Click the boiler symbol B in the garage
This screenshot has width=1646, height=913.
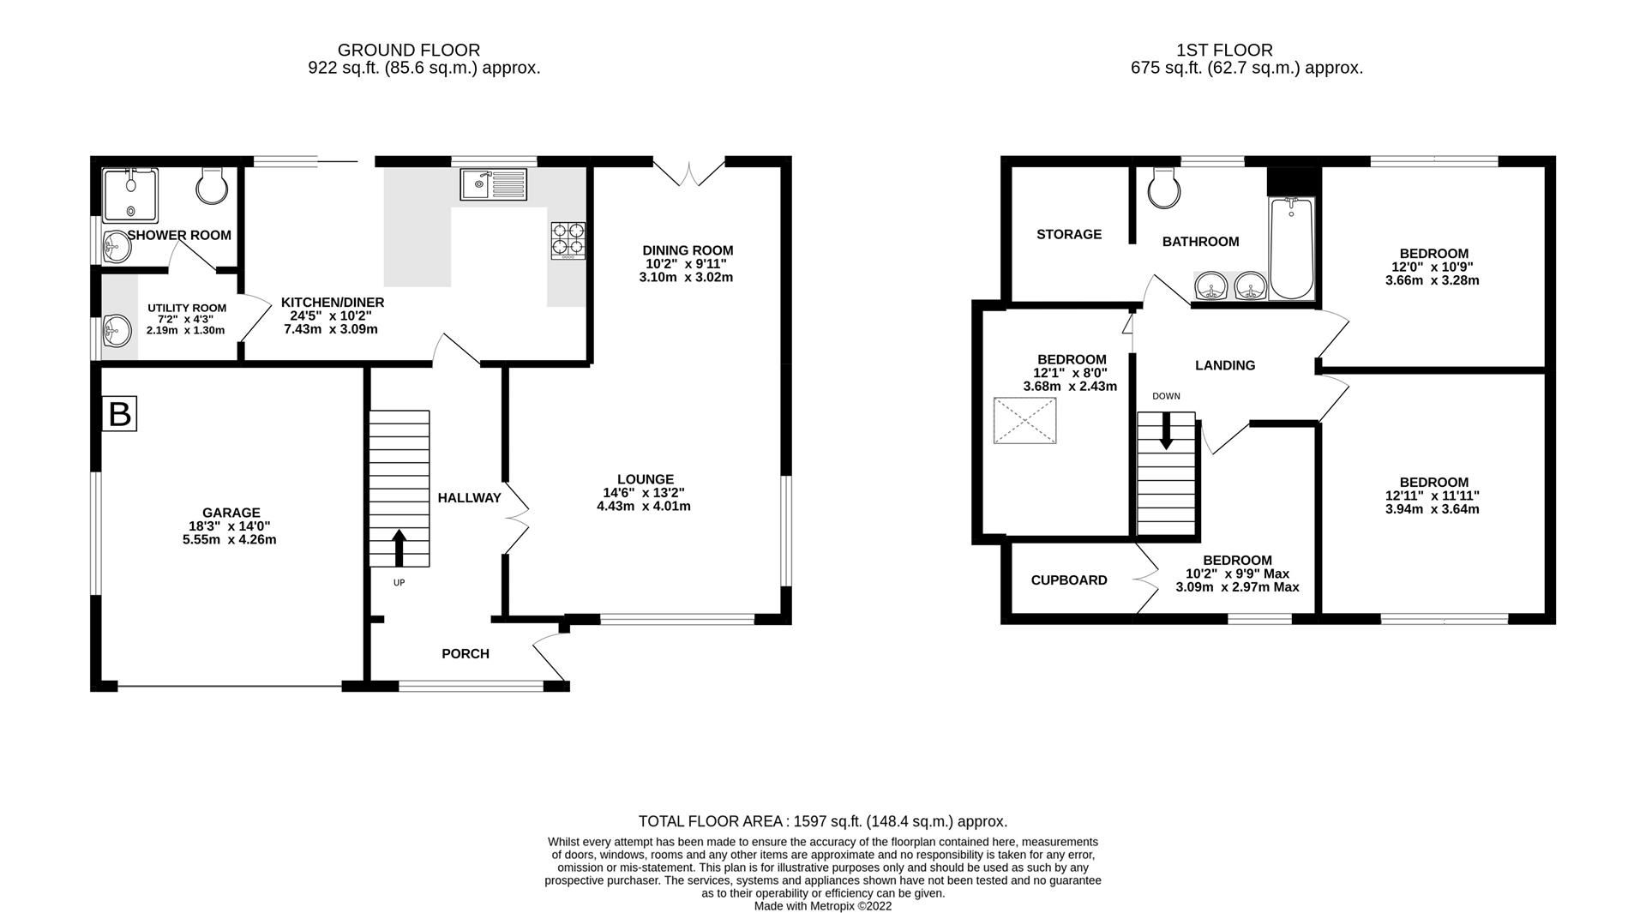[119, 415]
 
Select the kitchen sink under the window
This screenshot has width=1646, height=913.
[493, 184]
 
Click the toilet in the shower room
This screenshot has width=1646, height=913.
[211, 184]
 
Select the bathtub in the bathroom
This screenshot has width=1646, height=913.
[1291, 248]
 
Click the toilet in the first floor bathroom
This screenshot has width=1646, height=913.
[1163, 188]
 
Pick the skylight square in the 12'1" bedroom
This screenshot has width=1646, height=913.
[1025, 421]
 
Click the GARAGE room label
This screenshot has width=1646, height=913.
[231, 513]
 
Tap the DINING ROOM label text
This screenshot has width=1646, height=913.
[688, 250]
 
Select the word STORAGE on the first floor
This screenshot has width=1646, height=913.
[1068, 234]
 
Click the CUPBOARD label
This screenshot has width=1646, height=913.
[1068, 580]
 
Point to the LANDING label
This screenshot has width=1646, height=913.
[1224, 365]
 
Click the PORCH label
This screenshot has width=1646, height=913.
[465, 654]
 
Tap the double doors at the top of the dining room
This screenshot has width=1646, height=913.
[689, 171]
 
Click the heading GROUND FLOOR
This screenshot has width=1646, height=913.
[408, 51]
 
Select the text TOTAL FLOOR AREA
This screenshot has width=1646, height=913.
[713, 821]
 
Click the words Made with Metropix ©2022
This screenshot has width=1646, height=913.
[822, 906]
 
